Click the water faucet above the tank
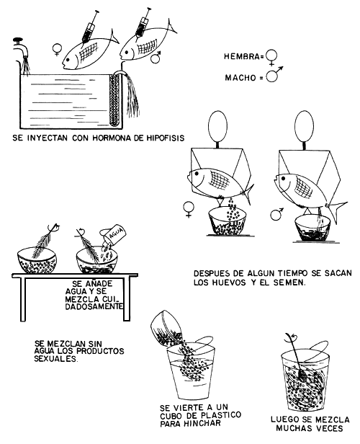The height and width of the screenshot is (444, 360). (21, 48)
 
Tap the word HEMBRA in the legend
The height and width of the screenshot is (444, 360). (241, 57)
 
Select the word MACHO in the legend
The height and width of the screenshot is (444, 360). (240, 77)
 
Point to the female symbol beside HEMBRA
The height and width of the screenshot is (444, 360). (271, 58)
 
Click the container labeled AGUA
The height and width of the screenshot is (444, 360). (114, 235)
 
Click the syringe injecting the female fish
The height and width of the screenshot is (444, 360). (90, 26)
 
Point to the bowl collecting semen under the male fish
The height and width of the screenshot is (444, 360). (312, 228)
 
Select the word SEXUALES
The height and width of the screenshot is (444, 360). (55, 359)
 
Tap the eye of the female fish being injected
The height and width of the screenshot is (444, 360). (68, 60)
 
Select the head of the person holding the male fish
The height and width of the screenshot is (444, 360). (304, 125)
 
